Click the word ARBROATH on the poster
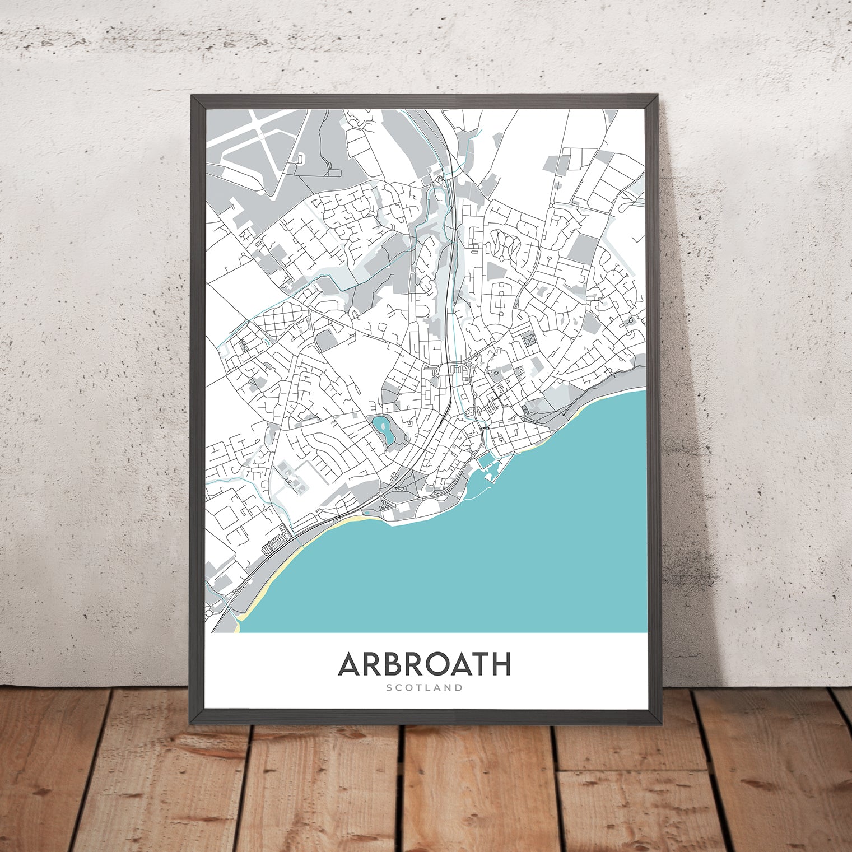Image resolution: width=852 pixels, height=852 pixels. tap(424, 664)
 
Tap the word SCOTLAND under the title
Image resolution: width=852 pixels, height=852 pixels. tap(424, 687)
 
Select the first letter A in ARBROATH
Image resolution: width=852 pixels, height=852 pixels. tap(350, 664)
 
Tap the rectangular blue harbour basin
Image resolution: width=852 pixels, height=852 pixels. tap(486, 463)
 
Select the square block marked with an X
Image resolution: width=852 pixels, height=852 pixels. tap(527, 339)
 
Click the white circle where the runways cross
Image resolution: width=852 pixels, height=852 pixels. tap(261, 136)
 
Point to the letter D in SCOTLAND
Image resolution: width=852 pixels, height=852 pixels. tap(459, 687)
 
